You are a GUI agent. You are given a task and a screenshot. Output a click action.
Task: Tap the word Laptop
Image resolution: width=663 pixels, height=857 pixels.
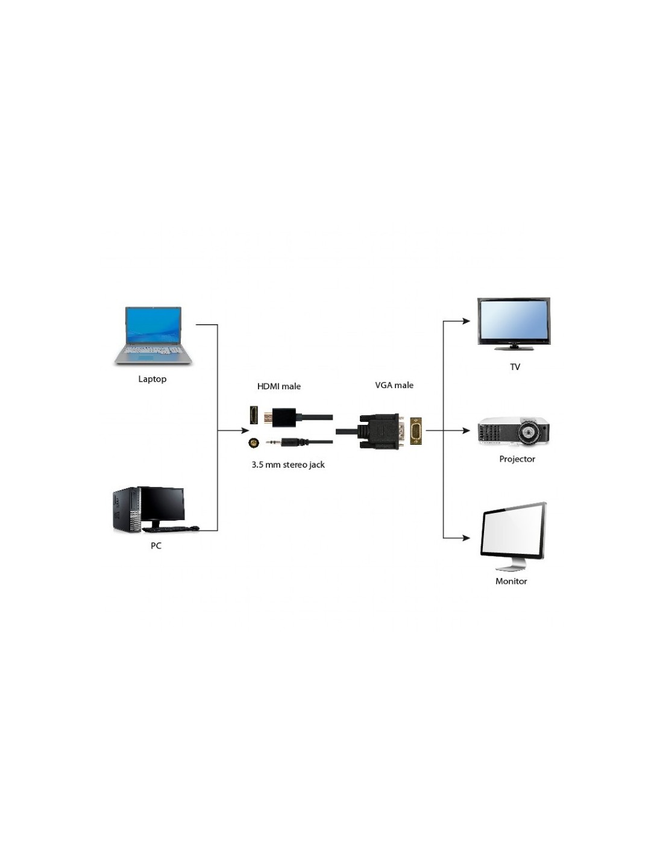[x=152, y=379]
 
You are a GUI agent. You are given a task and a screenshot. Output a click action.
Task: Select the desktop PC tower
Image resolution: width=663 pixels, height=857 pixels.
[x=127, y=509]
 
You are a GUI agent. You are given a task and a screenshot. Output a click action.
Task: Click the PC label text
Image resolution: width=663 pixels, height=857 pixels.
[x=156, y=546]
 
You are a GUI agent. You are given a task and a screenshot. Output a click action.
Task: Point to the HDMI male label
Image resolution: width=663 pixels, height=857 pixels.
[x=279, y=386]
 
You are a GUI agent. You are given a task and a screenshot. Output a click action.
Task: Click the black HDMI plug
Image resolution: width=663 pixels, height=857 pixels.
[x=284, y=416]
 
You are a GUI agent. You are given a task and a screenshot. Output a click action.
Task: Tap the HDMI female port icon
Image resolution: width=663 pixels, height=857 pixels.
[x=254, y=416]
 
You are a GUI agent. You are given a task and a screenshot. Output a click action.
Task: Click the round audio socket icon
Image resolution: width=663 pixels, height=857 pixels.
[x=254, y=444]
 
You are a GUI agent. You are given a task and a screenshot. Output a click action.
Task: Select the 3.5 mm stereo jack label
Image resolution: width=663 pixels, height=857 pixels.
[x=288, y=465]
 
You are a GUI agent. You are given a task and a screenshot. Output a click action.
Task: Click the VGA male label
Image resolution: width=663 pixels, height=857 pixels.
[x=394, y=385]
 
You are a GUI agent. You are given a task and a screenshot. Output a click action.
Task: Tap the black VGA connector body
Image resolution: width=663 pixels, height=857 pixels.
[x=379, y=431]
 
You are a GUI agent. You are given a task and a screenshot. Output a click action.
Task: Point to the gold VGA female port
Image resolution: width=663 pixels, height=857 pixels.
[x=416, y=431]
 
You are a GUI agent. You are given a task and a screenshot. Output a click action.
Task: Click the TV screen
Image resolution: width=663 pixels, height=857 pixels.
[x=514, y=321]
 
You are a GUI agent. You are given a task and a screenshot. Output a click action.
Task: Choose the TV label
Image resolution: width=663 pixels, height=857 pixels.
[x=515, y=367]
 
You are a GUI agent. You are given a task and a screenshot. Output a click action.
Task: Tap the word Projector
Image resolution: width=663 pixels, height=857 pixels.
[x=517, y=459]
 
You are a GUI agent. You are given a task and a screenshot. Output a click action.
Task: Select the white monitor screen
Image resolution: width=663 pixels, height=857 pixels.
[x=512, y=532]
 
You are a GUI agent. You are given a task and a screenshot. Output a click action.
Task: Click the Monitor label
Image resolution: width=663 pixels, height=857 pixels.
[x=511, y=582]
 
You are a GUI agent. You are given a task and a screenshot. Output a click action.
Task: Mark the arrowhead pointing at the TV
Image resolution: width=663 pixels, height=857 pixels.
[x=467, y=321]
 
